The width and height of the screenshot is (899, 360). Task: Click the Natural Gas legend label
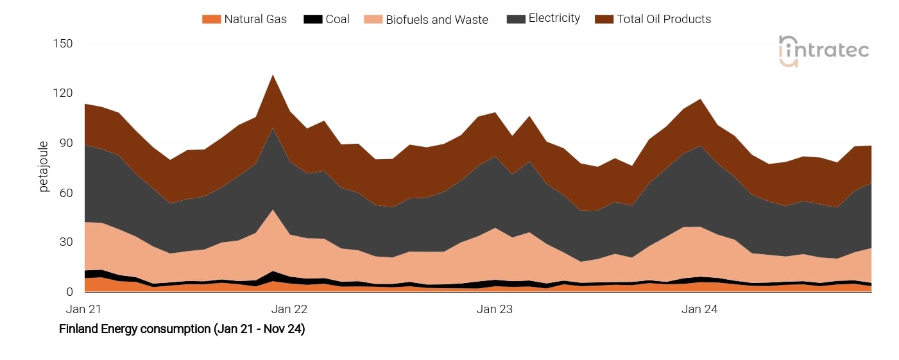coord(255,19)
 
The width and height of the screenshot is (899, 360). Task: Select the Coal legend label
coord(338,19)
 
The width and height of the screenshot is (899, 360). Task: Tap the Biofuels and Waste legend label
coord(437,19)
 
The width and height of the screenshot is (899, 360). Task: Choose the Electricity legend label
coord(554,19)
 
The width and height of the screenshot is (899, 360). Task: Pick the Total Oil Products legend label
coord(664,19)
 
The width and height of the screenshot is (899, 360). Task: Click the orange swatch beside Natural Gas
coord(211,19)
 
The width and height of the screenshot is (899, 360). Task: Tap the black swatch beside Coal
coord(313,19)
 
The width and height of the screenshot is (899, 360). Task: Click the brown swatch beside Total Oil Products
coord(604,19)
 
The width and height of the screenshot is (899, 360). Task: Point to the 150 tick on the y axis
coord(63,44)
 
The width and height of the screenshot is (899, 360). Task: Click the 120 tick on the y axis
coord(63,94)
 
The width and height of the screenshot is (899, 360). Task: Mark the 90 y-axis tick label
coord(65,143)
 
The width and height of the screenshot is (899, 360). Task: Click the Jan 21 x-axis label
coord(84,309)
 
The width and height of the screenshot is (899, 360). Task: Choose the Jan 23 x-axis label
coord(495,309)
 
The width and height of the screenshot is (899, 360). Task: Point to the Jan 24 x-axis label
coord(700,309)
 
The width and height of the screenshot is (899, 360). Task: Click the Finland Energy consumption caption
coord(182,329)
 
